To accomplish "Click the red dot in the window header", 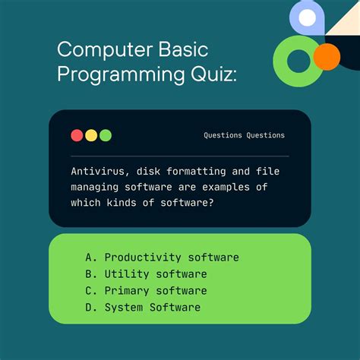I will click(x=77, y=135).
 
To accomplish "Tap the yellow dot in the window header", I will click(x=91, y=135).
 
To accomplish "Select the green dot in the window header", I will click(x=106, y=135).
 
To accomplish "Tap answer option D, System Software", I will click(x=152, y=308).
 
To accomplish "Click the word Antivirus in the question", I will click(x=99, y=171).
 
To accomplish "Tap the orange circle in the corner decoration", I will click(x=327, y=56).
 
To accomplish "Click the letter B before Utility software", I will click(x=89, y=274).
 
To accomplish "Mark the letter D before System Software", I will click(x=89, y=308).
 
